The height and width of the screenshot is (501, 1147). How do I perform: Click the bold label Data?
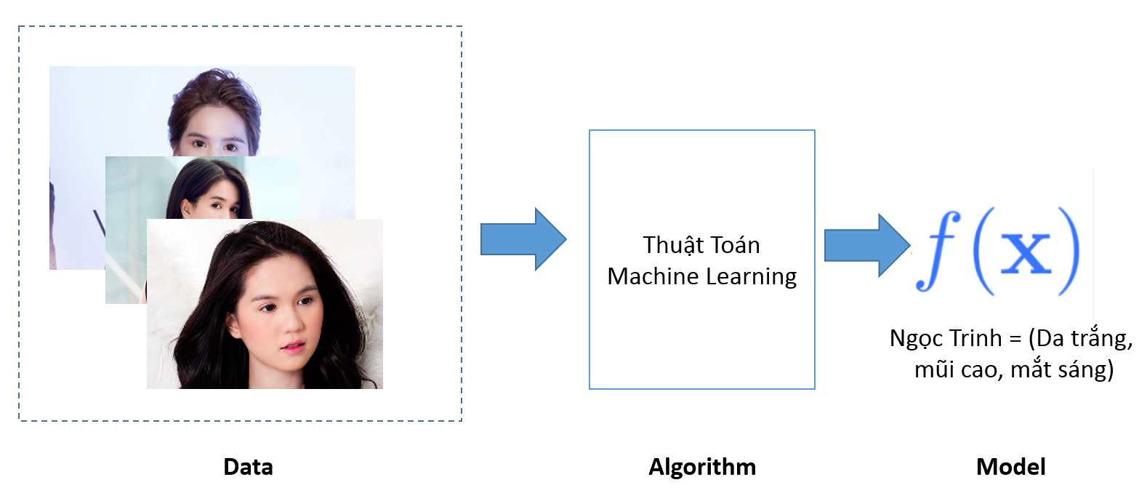[249, 468]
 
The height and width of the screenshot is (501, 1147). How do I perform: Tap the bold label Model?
[1011, 468]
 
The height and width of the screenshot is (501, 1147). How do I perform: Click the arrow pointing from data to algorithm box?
[523, 239]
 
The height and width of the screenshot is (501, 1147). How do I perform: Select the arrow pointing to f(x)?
[867, 245]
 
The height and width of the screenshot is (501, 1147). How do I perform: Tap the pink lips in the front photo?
[292, 348]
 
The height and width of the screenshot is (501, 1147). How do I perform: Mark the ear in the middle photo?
[186, 208]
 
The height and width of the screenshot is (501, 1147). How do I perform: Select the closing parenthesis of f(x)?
[1070, 251]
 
